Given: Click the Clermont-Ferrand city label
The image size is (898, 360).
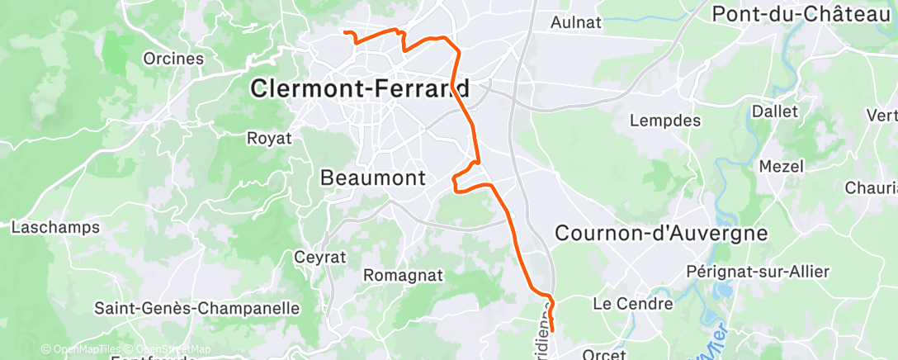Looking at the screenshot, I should click(x=360, y=88).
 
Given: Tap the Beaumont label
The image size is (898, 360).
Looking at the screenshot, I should click(x=372, y=178).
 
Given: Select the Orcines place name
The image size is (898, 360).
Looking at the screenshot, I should click(x=173, y=59).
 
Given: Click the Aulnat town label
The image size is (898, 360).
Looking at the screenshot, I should click(x=575, y=23).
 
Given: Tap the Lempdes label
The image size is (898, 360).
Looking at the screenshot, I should click(x=664, y=121).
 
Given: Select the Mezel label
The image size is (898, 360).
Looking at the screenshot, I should click(x=781, y=166).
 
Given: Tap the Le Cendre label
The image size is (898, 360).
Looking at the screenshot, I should click(x=633, y=304).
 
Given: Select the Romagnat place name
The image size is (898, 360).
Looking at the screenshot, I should click(x=404, y=275).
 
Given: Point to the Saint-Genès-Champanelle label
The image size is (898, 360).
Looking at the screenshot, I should click(x=196, y=309).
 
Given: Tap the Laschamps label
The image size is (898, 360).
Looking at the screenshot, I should click(x=55, y=227).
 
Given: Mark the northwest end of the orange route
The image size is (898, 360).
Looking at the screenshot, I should click(x=344, y=33).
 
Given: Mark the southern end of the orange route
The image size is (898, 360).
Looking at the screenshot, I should click(x=551, y=330).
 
